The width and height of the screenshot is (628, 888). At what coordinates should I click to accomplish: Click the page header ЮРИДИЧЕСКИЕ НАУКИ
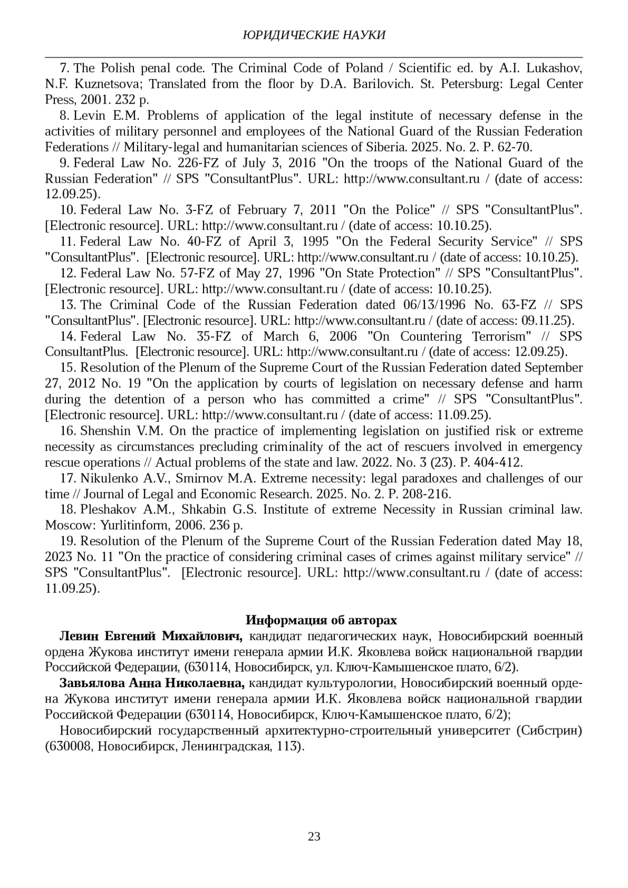click(314, 35)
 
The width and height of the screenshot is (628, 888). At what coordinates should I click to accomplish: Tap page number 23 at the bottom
click(314, 836)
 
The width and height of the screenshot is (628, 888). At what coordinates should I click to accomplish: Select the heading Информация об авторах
click(321, 620)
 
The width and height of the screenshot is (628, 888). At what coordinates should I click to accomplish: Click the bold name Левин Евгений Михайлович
click(151, 636)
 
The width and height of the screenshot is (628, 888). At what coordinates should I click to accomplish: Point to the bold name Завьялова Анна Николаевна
click(152, 683)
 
